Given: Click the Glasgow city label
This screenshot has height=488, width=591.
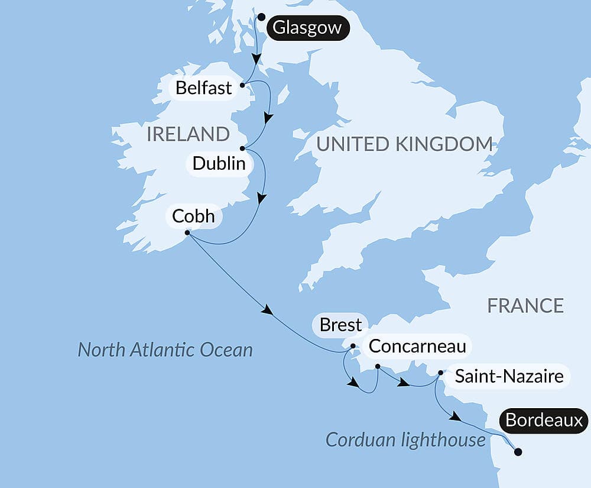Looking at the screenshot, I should click(307, 28).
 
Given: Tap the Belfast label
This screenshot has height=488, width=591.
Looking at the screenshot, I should click(204, 88).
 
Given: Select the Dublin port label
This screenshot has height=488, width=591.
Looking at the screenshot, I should click(219, 163).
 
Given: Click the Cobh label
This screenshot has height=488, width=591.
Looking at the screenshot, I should click(193, 216).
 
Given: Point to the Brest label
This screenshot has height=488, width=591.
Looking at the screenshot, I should click(340, 325).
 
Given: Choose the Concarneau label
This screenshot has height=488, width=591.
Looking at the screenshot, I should click(417, 346).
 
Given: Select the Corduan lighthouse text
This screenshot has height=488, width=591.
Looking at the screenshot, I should click(405, 439).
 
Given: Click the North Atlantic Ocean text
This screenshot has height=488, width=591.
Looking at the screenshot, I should click(165, 350).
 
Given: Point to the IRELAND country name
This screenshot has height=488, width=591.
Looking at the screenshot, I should click(188, 134).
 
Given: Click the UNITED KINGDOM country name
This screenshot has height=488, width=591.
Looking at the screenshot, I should click(405, 144).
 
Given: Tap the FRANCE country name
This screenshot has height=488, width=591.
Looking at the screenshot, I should click(525, 306).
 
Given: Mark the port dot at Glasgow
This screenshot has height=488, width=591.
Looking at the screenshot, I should click(261, 17).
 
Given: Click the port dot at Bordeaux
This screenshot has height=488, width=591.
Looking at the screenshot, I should click(518, 452).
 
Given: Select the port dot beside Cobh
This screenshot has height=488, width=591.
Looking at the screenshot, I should click(187, 233).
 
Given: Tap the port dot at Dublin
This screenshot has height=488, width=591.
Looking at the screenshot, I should click(242, 148).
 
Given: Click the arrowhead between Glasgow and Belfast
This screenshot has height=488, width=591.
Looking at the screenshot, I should click(256, 59).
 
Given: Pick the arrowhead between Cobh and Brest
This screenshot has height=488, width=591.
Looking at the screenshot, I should click(268, 311).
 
